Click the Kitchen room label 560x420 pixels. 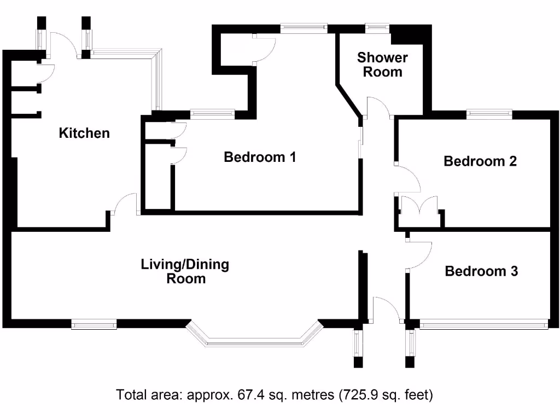[84, 133]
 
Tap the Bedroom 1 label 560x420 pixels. [260, 157]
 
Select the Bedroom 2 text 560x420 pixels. [480, 161]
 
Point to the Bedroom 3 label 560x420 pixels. [481, 271]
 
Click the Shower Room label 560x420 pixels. [382, 65]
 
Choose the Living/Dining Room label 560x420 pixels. [185, 272]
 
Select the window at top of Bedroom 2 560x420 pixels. [489, 114]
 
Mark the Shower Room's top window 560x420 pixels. [377, 26]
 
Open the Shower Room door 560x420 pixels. [378, 107]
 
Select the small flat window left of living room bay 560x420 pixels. [94, 325]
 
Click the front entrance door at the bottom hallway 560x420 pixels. [387, 309]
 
